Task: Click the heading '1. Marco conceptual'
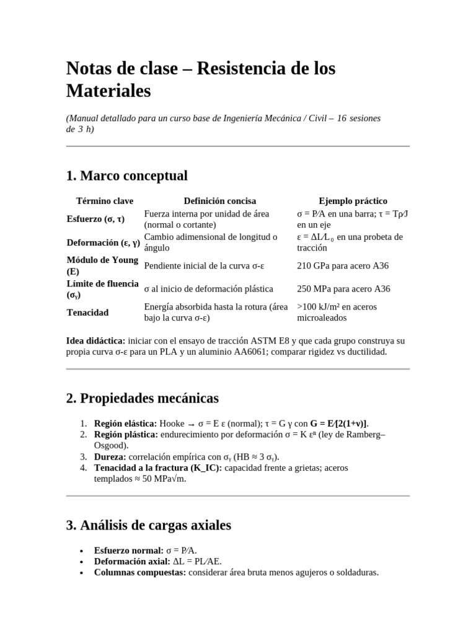click(126, 175)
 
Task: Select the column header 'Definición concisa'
click(219, 201)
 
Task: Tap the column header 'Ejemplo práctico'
click(353, 201)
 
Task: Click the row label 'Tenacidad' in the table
click(87, 313)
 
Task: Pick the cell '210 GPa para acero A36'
click(343, 266)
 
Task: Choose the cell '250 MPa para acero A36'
click(343, 289)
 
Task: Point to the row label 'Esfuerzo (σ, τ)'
click(96, 219)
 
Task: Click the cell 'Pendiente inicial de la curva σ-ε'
click(204, 266)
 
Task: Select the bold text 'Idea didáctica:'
click(95, 340)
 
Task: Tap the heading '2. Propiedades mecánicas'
click(142, 397)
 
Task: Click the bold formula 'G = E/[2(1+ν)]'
click(335, 423)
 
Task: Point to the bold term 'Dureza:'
click(110, 456)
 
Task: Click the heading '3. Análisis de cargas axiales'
click(148, 525)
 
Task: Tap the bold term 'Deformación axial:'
click(131, 561)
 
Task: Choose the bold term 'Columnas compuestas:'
click(139, 572)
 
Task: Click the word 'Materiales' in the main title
click(108, 91)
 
